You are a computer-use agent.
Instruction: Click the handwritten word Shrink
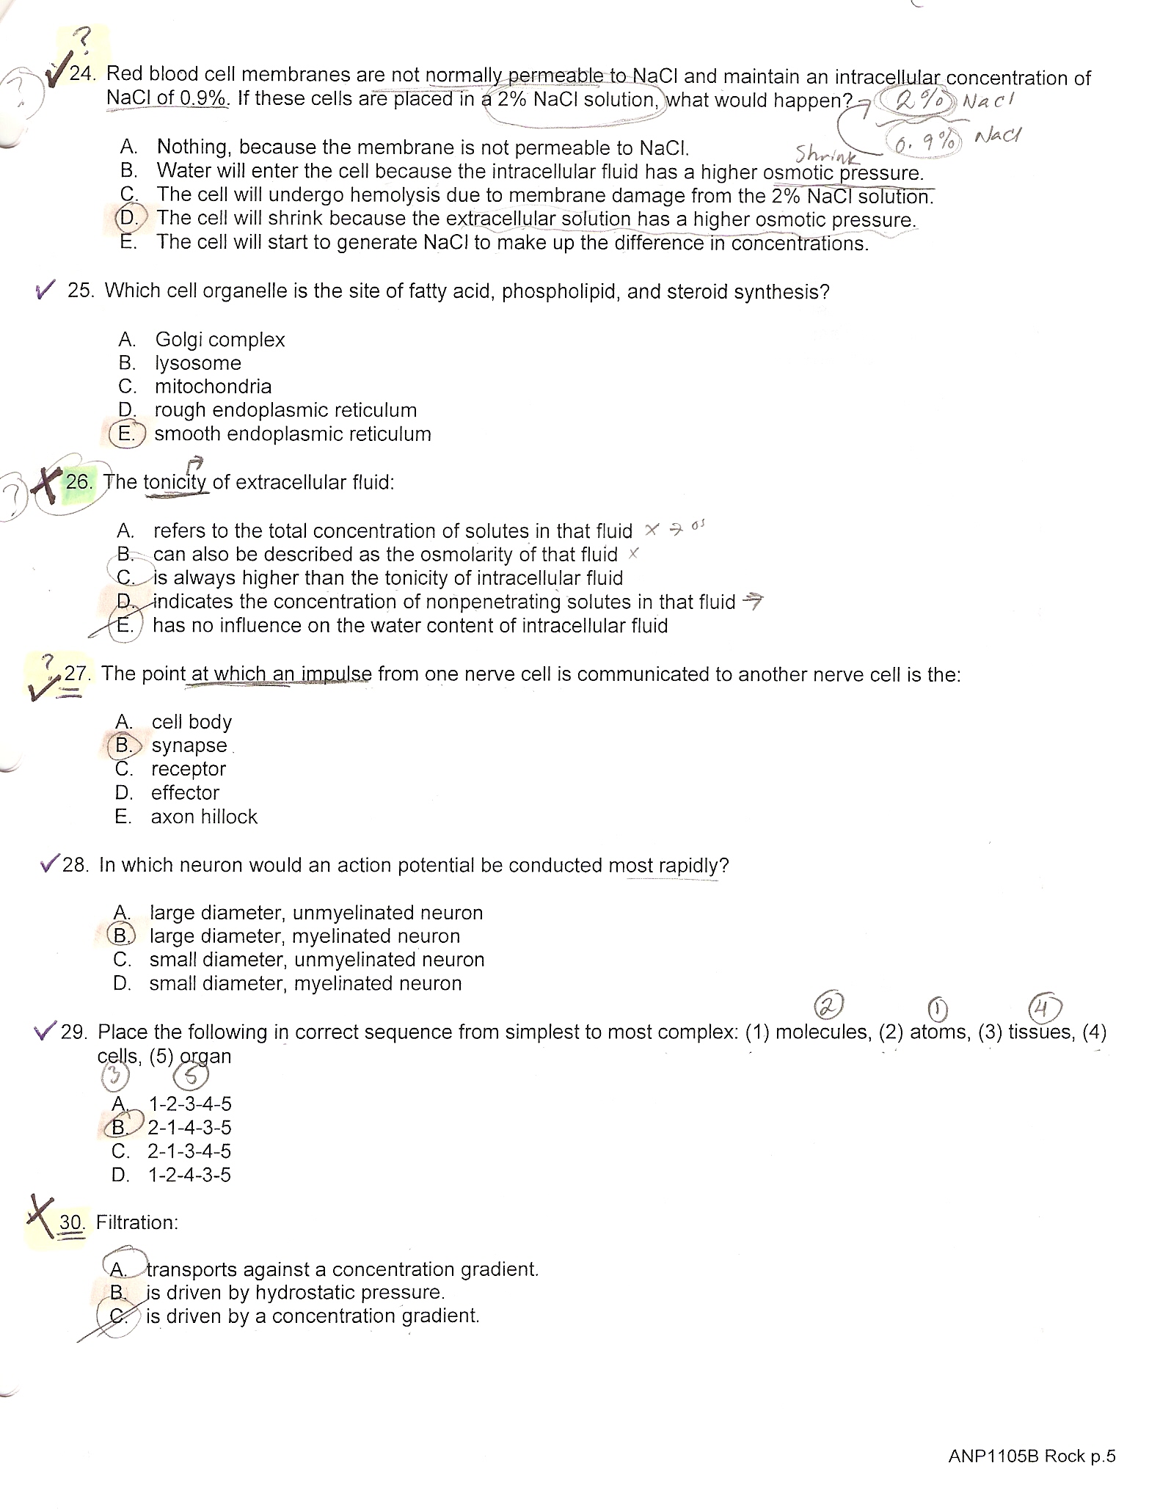point(826,153)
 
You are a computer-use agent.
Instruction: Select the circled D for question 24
point(129,218)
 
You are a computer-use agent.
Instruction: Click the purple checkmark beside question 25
point(45,291)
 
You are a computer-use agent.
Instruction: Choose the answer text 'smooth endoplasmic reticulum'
point(292,434)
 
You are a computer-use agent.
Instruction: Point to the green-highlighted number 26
point(79,482)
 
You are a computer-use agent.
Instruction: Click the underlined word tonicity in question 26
point(176,483)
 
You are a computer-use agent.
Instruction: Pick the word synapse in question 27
point(189,745)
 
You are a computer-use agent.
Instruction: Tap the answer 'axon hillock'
point(204,817)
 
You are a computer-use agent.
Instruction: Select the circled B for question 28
point(120,935)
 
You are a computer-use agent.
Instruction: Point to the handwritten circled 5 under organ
point(191,1076)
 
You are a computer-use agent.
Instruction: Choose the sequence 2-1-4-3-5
point(189,1127)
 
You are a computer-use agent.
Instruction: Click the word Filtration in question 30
point(136,1222)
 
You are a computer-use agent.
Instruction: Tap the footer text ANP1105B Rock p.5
point(1032,1456)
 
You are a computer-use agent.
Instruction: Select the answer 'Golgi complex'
point(219,340)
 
